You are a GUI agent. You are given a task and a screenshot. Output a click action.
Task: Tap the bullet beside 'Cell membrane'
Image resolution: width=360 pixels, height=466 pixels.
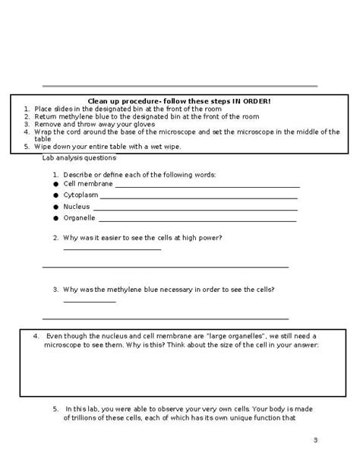click(x=56, y=184)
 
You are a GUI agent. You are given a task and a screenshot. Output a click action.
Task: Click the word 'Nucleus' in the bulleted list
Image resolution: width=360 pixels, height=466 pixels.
click(x=77, y=206)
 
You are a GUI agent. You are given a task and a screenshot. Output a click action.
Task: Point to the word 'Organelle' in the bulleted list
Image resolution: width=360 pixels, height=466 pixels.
click(x=80, y=217)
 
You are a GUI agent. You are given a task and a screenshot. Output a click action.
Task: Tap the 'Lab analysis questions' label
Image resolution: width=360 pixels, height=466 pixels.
click(x=79, y=157)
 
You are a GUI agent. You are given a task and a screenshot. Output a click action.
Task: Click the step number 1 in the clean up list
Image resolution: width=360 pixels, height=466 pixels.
click(x=26, y=109)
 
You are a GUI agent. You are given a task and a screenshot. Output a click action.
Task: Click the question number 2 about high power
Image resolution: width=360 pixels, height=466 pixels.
click(x=55, y=237)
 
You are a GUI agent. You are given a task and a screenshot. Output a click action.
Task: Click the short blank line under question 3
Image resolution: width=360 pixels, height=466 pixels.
click(x=90, y=303)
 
